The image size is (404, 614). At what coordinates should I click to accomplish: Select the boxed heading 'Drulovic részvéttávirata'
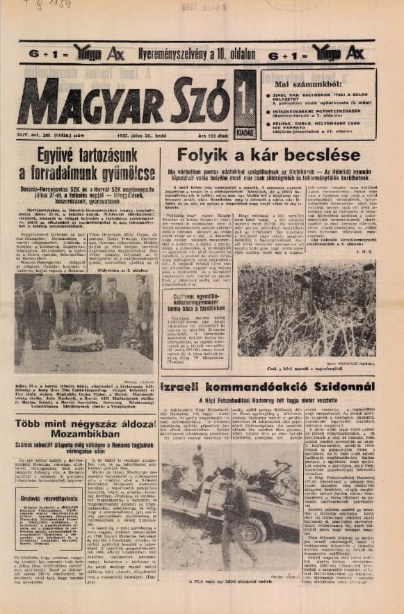pyautogui.click(x=51, y=496)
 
